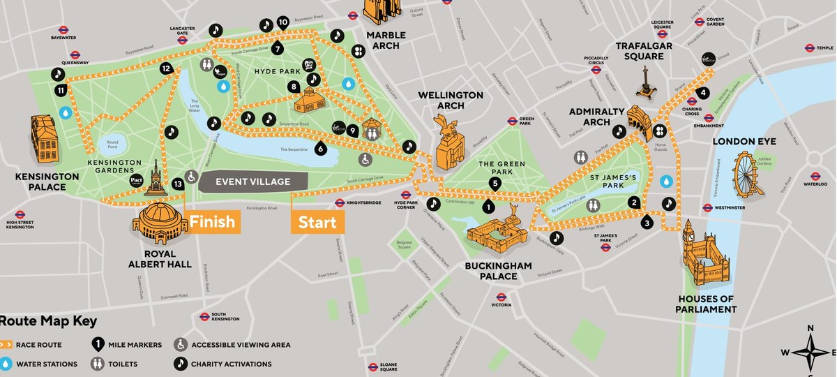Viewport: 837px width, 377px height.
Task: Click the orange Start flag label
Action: [x=317, y=223]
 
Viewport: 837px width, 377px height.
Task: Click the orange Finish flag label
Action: [x=213, y=222]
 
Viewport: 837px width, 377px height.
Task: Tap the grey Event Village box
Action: [x=253, y=182]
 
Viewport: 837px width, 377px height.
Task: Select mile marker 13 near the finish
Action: [x=178, y=183]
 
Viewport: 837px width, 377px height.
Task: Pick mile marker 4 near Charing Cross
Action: [x=704, y=93]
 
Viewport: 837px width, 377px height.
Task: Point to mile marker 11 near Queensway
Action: [x=61, y=91]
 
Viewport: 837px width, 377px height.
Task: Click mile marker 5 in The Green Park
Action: [x=495, y=184]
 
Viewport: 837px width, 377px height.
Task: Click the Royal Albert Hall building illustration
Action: [x=161, y=223]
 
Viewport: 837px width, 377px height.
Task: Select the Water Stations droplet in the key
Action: [x=6, y=364]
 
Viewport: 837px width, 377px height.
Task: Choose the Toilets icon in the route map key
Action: [x=97, y=364]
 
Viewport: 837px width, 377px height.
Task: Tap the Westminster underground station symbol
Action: [x=708, y=207]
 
